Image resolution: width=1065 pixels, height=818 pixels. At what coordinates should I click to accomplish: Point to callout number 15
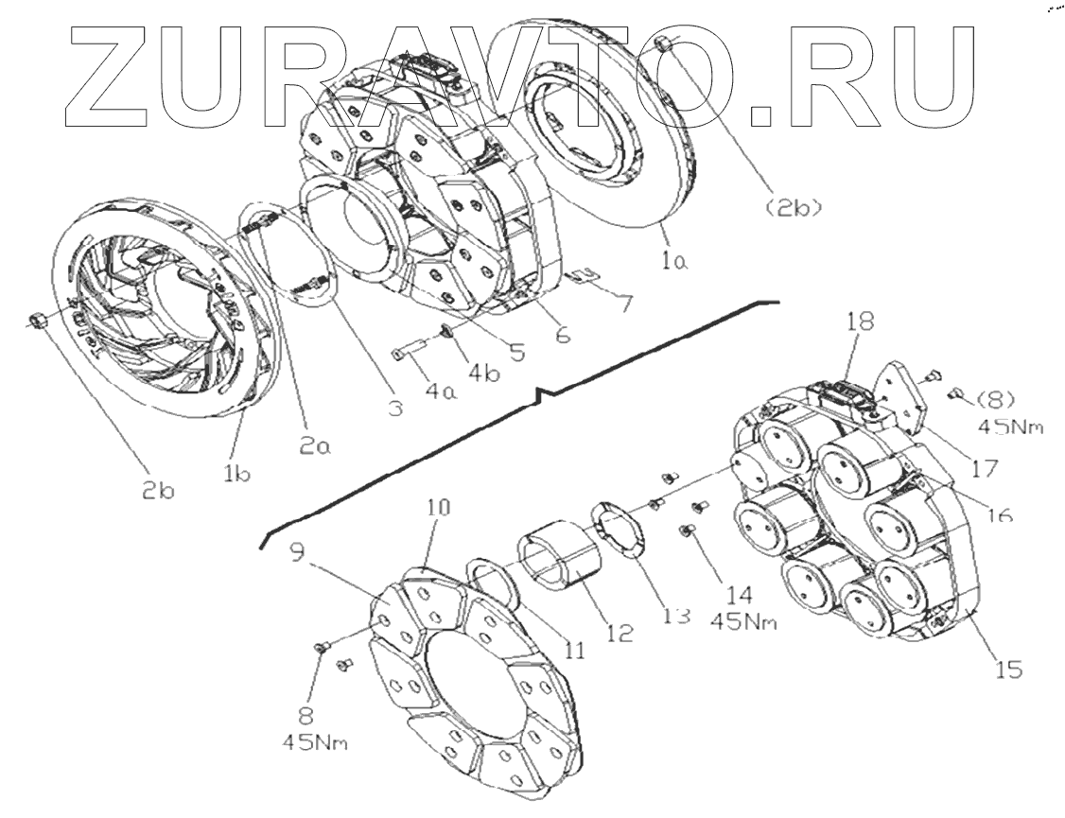[1007, 670]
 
